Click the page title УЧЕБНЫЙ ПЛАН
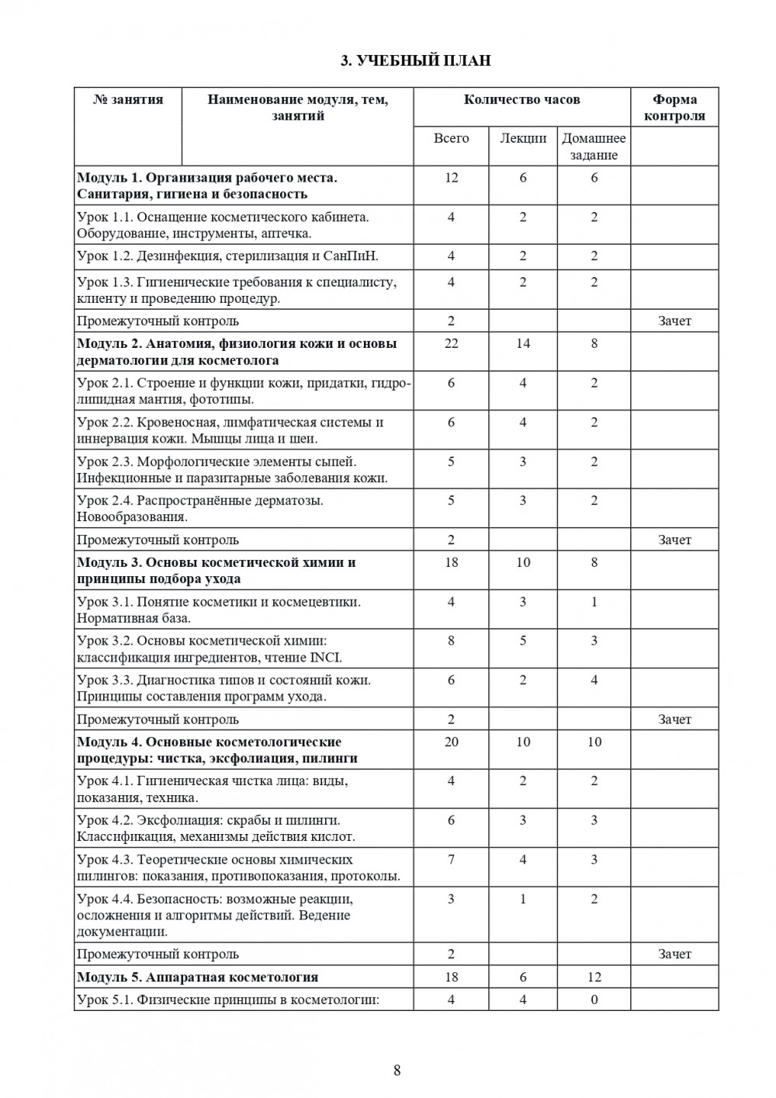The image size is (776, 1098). [416, 61]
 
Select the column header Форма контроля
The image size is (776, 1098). [674, 108]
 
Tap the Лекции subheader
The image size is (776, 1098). [522, 139]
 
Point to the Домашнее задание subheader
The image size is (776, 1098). [594, 147]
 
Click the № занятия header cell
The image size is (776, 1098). [128, 99]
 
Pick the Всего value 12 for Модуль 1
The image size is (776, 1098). [452, 178]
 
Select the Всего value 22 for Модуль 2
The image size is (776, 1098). [452, 343]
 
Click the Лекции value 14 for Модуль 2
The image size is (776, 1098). [523, 343]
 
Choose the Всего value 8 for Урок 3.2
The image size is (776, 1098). [452, 641]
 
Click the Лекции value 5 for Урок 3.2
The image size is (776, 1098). [523, 641]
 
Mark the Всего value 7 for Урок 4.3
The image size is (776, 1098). [452, 860]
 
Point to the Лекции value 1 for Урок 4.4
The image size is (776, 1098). [523, 899]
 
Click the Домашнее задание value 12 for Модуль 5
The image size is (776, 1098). [594, 977]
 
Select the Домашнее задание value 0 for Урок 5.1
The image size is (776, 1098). [594, 1000]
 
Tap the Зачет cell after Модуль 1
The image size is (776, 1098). [674, 321]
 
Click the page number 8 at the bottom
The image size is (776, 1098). [397, 1071]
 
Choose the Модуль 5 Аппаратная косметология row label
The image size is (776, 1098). [198, 977]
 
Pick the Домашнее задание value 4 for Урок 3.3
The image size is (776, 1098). [594, 680]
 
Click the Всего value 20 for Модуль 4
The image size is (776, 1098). [452, 742]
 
